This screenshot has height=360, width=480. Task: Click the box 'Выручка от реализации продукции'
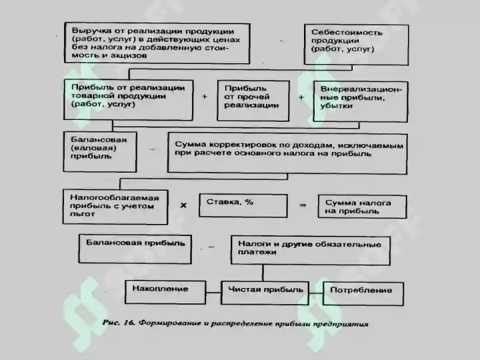[x=157, y=43]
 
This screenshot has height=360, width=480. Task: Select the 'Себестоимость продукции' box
[x=356, y=45]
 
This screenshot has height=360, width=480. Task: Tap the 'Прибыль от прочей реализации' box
[x=253, y=101]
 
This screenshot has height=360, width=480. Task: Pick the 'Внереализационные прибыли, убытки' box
[x=361, y=101]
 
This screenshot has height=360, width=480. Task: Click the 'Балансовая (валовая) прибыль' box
[x=100, y=152]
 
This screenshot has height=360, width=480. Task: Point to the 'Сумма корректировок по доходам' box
[x=287, y=154]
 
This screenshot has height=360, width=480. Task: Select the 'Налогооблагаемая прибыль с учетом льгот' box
[x=115, y=207]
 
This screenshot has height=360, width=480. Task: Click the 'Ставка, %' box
[x=243, y=206]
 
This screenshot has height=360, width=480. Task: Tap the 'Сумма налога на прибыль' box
[x=363, y=207]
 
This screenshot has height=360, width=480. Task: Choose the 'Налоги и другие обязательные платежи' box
[x=311, y=250]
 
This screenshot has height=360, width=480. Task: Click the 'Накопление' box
[x=165, y=293]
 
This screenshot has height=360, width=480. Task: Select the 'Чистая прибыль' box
[x=265, y=293]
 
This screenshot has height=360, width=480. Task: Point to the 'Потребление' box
[x=363, y=293]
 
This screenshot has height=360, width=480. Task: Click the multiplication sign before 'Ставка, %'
[x=183, y=205]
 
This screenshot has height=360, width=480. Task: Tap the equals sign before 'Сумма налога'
[x=303, y=205]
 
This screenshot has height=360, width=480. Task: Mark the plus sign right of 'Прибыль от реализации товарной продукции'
[x=205, y=97]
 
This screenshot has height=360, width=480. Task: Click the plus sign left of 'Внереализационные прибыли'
[x=301, y=97]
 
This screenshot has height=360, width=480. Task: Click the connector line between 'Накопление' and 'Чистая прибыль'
[x=213, y=293]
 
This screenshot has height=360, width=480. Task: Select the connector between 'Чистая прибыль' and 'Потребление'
[x=316, y=293]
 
